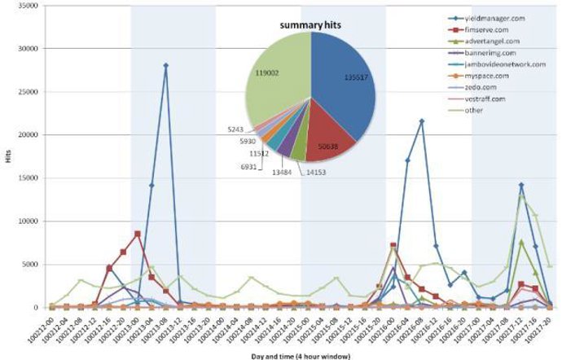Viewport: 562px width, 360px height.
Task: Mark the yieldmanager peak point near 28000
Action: (x=165, y=66)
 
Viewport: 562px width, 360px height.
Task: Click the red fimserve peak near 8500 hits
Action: (x=138, y=234)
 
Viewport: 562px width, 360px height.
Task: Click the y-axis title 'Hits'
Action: (x=9, y=156)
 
